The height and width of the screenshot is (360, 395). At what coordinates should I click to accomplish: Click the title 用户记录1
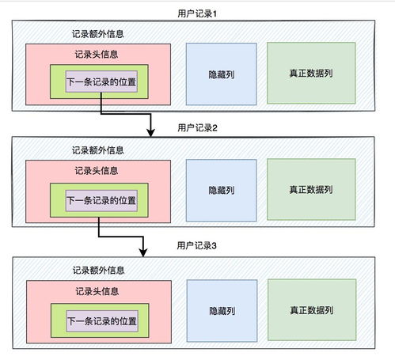pos(198,13)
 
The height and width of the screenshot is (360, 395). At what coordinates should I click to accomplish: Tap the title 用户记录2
pos(198,127)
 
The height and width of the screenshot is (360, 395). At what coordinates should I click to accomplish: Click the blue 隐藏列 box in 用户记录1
pos(221,74)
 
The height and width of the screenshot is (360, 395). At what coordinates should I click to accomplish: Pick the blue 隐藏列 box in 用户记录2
pos(221,190)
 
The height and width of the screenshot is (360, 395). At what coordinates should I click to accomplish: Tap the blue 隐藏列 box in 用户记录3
pos(221,311)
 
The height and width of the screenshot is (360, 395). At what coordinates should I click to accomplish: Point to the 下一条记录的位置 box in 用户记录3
pos(101,321)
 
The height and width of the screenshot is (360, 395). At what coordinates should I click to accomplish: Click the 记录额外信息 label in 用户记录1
pos(97,35)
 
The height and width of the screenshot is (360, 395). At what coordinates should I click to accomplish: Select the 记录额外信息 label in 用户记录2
pos(97,150)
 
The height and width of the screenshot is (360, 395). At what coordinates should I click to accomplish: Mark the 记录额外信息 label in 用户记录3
pos(97,270)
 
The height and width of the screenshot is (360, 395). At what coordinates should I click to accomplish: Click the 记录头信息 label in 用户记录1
pos(97,55)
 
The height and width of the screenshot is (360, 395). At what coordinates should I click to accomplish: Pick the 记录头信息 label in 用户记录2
pos(97,170)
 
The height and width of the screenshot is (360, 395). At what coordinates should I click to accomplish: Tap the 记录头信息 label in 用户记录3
pos(97,290)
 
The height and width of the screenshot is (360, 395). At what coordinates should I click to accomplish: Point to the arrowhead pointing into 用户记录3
pos(143,252)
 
